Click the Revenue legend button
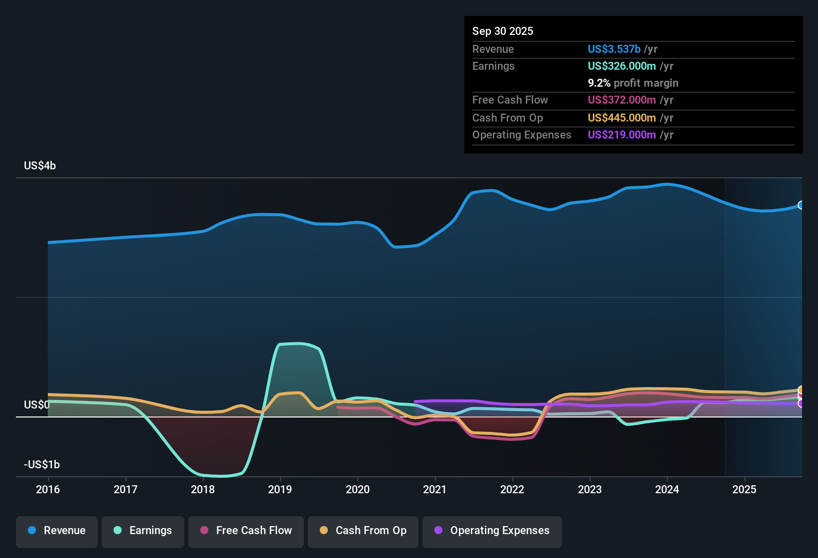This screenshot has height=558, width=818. pos(57,531)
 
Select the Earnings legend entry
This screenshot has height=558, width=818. pos(143,531)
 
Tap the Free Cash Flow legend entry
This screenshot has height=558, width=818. pos(246,531)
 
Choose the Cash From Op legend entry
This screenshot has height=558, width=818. pos(363,531)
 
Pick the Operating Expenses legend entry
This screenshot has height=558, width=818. pos(492,531)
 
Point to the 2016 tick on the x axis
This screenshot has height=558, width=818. pos(48,489)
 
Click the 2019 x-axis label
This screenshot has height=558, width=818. pos(280,489)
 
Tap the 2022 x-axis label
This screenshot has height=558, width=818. pos(512,489)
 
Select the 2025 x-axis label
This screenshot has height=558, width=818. pos(744,489)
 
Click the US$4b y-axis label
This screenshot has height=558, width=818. pos(40,166)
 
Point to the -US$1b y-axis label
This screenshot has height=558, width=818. pos(42,465)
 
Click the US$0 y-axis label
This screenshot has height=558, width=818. pos(36,405)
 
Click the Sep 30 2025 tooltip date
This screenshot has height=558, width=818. pos(503,31)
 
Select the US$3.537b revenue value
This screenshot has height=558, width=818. pos(614,49)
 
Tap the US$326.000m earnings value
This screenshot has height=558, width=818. pos(622,66)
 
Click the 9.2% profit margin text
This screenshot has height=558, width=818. pos(633,83)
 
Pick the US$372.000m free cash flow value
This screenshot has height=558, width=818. pos(622,100)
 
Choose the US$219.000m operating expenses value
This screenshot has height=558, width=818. pos(622,135)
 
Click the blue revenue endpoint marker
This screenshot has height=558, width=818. pos(801,205)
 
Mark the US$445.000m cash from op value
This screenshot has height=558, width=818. pos(622,118)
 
